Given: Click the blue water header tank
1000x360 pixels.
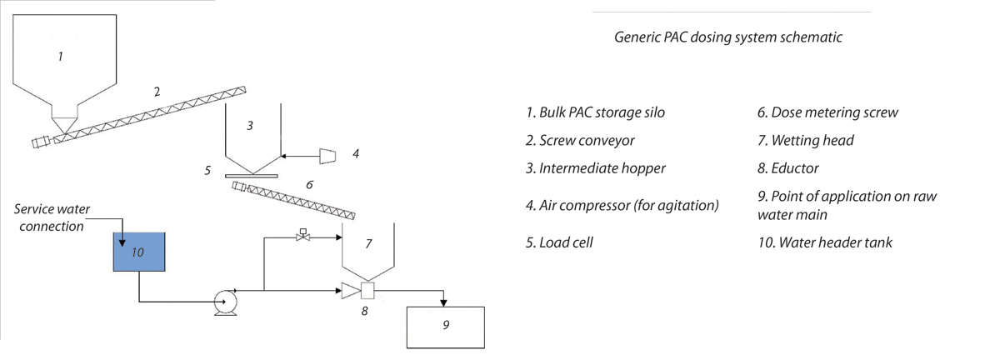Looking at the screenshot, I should click(x=138, y=252).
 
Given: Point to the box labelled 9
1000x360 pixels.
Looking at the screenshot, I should click(x=444, y=326).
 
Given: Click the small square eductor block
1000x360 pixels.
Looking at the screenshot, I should click(x=366, y=291).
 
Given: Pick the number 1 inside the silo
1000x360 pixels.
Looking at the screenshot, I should click(x=60, y=57).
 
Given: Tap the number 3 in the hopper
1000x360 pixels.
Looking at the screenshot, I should click(x=249, y=125).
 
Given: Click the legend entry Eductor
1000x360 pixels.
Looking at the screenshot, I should click(x=783, y=167).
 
